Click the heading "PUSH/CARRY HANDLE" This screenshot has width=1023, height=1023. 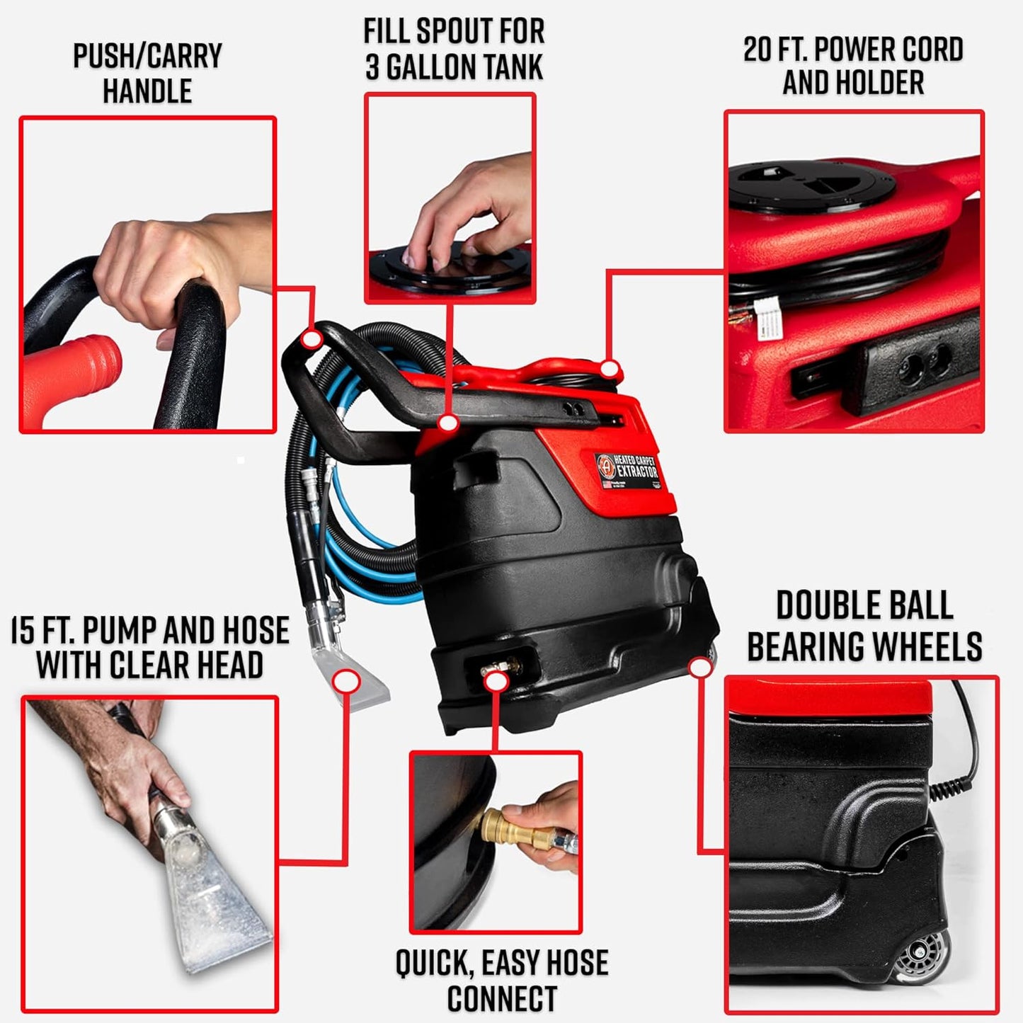(x=147, y=74)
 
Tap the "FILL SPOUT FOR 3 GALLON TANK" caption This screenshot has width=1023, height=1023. (x=454, y=50)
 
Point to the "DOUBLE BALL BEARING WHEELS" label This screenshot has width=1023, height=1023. (x=864, y=626)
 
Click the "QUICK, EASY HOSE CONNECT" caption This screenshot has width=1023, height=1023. (x=501, y=981)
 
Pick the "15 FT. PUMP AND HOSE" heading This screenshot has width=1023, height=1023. (x=150, y=631)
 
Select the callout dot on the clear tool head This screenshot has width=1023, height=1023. (x=346, y=682)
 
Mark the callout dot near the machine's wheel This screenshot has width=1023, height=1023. (x=699, y=667)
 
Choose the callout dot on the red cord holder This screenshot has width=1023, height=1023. (x=610, y=369)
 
